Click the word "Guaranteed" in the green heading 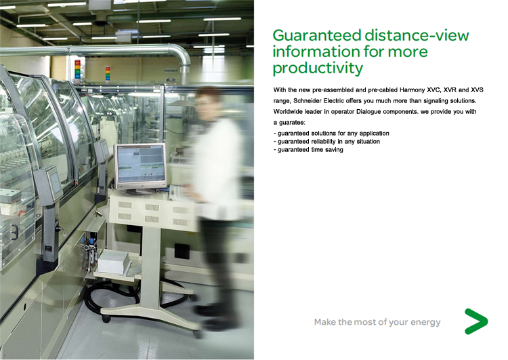(x=317, y=35)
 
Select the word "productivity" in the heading (x=318, y=68)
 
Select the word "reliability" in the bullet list (x=323, y=142)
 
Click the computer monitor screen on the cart (x=140, y=165)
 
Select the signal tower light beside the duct (x=77, y=69)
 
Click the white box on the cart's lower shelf (x=113, y=262)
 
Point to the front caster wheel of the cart (x=106, y=318)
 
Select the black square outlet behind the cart (x=182, y=251)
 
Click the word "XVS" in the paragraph (x=477, y=90)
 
